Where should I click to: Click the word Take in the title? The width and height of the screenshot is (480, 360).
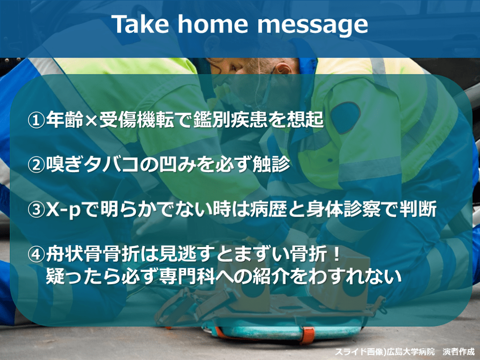pos(140,24)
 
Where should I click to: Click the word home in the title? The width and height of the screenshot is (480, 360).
pos(212,24)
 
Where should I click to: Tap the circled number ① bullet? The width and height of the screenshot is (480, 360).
pos(36,120)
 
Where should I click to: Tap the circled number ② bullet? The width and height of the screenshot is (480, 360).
pos(36,165)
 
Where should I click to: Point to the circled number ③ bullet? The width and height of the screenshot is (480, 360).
pos(36,210)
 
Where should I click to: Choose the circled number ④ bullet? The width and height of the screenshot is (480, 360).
pos(36,255)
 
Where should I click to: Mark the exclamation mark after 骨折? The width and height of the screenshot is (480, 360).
pos(337,254)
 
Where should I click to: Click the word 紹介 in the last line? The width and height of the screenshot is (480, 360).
pos(270,276)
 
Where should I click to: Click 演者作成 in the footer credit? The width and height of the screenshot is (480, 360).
pos(458,352)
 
